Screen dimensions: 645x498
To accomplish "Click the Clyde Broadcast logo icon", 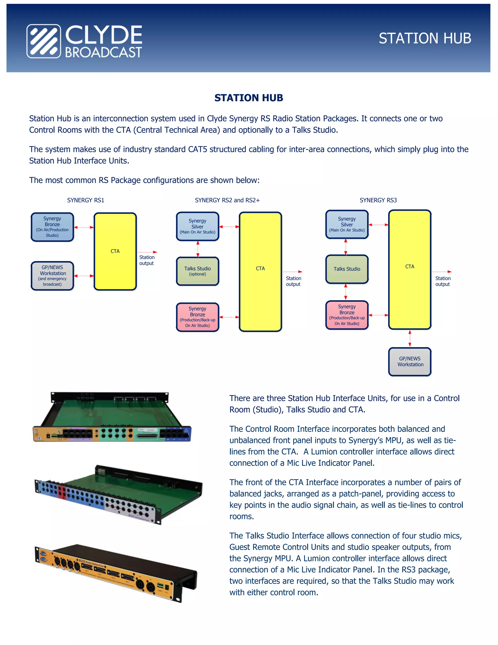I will coord(44,41).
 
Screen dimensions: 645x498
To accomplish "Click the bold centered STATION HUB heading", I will coord(249,98).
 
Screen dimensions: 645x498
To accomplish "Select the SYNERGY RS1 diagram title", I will coord(86,200).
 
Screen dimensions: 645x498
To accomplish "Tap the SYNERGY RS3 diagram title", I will coord(378,200).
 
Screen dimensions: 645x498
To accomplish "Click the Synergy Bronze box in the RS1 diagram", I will coord(52,227).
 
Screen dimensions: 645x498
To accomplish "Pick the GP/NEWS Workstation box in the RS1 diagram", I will coord(52,276).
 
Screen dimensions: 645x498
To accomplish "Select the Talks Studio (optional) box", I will coord(197,271).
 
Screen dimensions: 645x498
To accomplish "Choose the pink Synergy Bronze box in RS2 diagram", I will coord(197,317).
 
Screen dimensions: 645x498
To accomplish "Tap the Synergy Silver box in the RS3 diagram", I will coord(347,224).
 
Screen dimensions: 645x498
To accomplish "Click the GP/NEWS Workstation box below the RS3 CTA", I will coord(410,361).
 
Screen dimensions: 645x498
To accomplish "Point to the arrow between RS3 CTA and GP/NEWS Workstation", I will coord(410,339).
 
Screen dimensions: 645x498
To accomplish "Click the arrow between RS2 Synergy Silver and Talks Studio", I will coord(198,249).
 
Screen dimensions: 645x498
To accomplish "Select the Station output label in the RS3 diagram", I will coord(443,281).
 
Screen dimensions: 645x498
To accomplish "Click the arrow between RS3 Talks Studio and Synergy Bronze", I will coord(346,292).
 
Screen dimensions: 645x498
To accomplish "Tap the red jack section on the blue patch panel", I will coord(62,492).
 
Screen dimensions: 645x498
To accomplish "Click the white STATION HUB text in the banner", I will coord(425,38).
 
